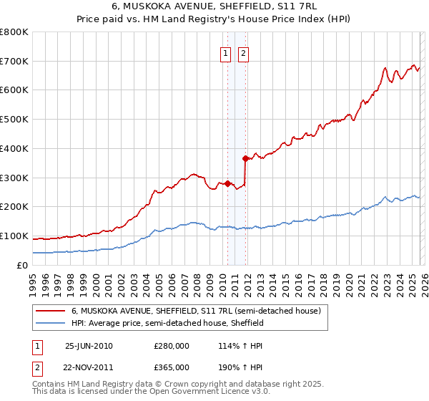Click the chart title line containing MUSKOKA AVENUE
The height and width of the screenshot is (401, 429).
(214, 6)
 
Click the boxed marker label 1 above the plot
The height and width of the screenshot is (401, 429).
(226, 52)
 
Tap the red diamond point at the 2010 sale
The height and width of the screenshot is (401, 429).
(227, 183)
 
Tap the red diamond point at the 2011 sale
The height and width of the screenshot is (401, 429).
(245, 158)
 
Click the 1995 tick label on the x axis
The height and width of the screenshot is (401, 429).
(33, 281)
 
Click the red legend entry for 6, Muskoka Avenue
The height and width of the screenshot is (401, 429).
(199, 311)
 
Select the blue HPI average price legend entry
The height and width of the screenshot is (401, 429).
(167, 324)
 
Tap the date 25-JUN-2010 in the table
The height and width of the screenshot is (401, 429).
(89, 346)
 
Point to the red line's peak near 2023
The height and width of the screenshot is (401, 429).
(385, 69)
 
